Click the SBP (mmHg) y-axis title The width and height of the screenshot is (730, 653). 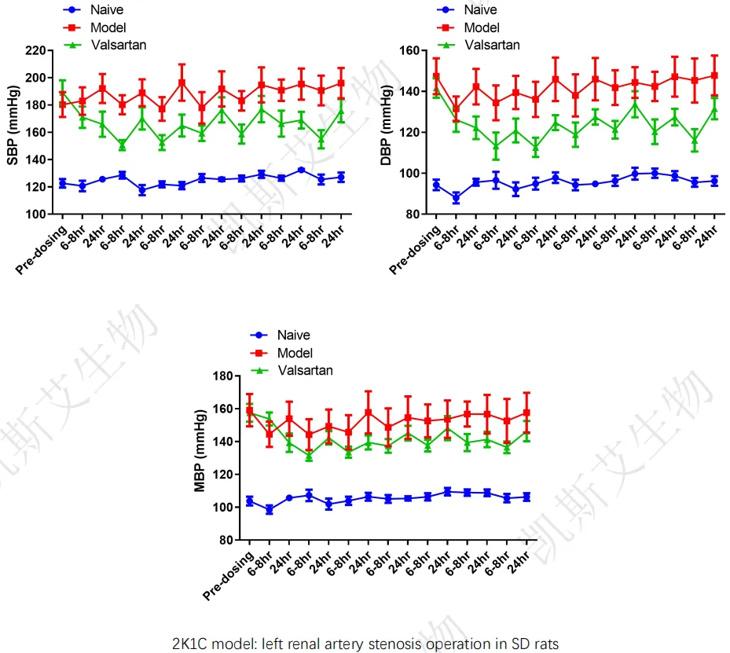pos(13,132)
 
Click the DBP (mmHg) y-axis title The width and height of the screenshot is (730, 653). pos(387,132)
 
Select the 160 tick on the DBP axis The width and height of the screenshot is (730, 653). pos(407,50)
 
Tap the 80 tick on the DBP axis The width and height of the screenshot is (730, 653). pos(410,215)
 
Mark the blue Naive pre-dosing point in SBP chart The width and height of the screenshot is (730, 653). pos(63,183)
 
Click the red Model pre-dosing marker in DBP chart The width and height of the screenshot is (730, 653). pos(436,77)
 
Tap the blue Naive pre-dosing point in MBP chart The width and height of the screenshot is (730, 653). pos(250,501)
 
